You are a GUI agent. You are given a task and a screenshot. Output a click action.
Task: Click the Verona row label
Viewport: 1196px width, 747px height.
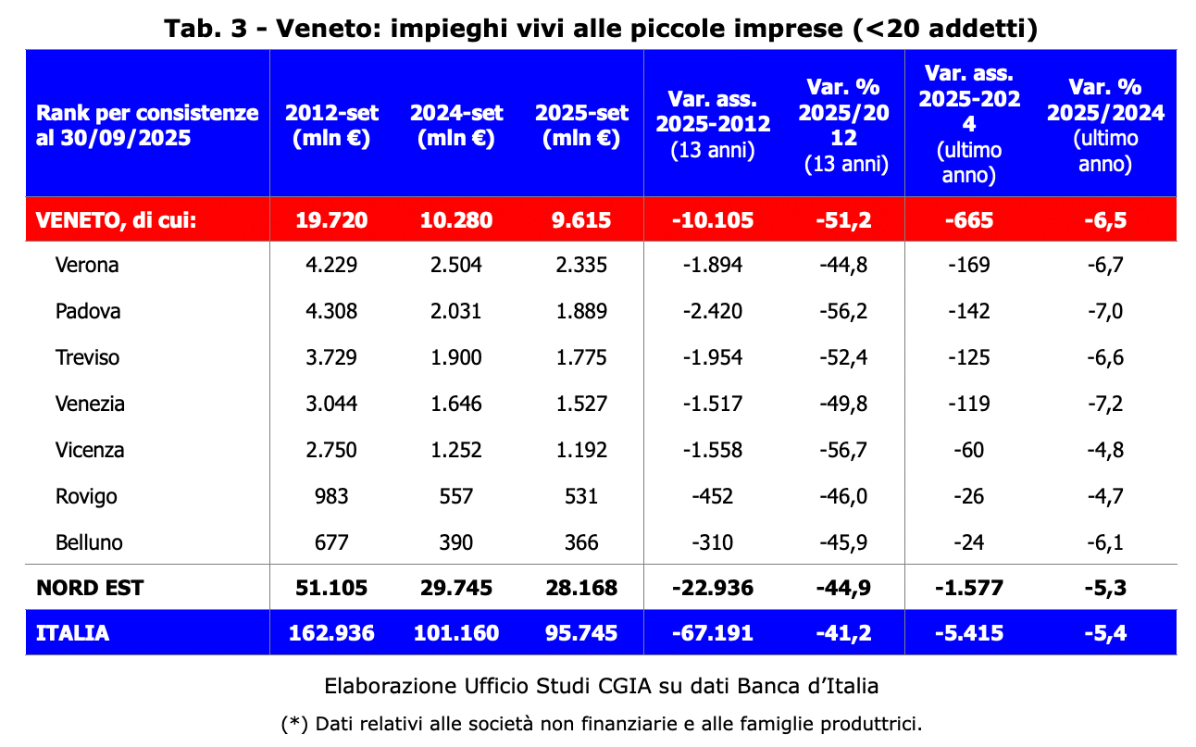click(87, 266)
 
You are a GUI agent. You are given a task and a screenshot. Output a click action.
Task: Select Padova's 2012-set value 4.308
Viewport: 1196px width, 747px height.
click(330, 311)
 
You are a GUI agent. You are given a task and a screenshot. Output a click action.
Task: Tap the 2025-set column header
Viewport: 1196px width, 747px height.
click(581, 125)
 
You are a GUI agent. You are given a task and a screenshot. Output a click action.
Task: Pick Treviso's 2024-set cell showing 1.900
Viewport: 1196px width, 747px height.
click(455, 357)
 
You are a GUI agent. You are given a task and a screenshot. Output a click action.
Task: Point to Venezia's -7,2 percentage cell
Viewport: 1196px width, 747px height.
click(1103, 404)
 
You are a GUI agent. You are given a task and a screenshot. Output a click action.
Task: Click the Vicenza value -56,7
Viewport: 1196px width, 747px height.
click(843, 450)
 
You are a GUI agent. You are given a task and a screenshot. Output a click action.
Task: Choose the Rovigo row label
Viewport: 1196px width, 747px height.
click(86, 496)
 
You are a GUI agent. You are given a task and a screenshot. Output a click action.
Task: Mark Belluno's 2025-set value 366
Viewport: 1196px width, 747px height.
click(581, 542)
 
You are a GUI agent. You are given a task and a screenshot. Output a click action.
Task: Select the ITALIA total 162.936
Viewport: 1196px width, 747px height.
click(330, 633)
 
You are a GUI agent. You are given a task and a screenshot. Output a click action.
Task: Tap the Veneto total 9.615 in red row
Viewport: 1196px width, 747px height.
click(581, 220)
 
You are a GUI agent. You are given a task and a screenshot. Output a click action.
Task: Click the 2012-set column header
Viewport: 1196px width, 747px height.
click(330, 125)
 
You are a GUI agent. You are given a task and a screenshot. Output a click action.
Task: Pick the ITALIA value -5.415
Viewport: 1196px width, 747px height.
click(968, 633)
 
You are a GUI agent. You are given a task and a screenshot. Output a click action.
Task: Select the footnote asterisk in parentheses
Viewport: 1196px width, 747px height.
click(294, 723)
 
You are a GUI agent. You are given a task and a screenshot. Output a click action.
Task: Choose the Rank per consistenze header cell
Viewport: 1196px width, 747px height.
click(147, 125)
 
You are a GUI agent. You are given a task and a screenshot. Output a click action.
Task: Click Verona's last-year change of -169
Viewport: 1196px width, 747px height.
click(968, 266)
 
